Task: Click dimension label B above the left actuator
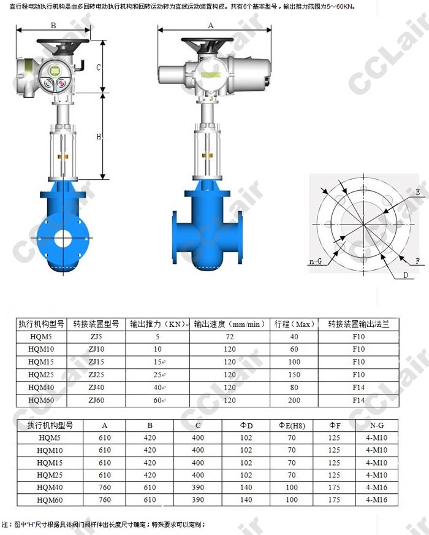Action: pos(53,26)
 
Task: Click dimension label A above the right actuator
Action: pos(211,26)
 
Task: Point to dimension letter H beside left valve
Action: pos(99,137)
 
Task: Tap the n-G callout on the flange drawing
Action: pos(316,262)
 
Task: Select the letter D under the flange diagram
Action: pos(406,275)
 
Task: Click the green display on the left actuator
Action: pos(55,71)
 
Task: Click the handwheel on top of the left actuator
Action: pos(63,42)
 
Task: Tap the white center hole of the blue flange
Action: pos(63,238)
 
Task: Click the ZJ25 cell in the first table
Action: pos(96,375)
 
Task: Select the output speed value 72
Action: pos(230,336)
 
